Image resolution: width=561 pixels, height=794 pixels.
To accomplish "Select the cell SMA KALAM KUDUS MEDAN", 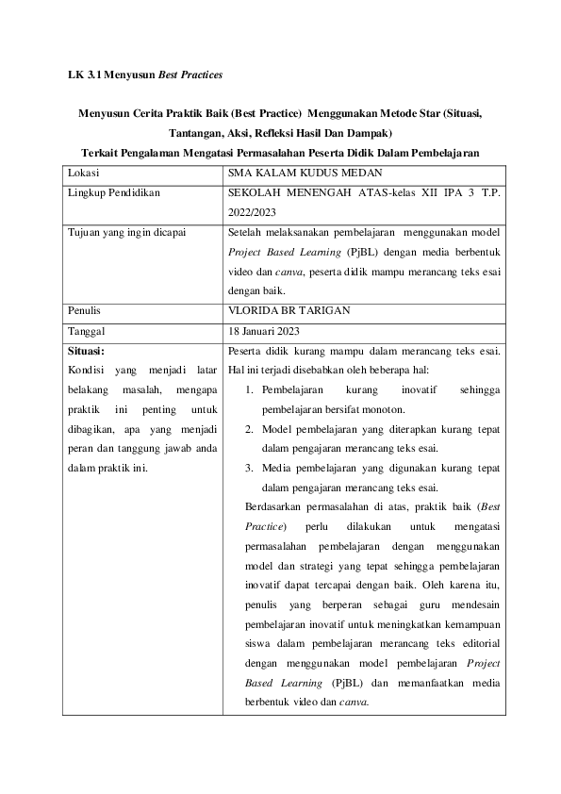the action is click(x=295, y=174).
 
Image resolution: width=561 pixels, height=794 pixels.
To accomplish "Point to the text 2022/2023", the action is click(x=256, y=211).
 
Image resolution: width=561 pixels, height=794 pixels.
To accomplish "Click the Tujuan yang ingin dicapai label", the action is click(x=128, y=231).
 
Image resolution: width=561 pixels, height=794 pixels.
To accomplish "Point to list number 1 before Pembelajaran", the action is click(x=247, y=389).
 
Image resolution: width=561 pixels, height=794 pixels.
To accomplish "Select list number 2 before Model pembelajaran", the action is click(x=247, y=429).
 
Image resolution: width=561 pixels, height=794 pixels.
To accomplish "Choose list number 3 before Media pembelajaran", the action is click(x=247, y=468).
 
